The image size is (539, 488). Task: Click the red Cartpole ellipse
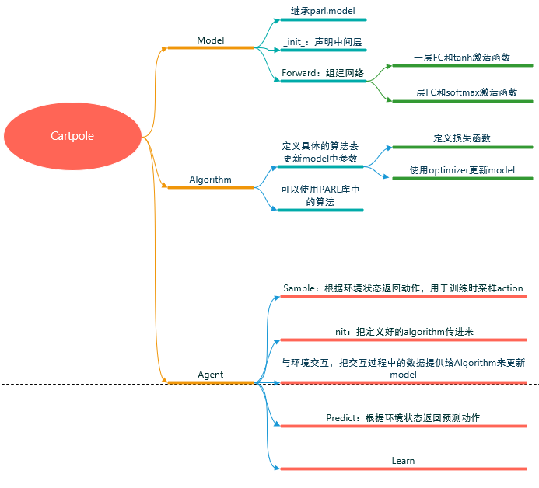[72, 136]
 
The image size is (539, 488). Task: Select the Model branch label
[210, 40]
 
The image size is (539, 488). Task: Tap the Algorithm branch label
[210, 180]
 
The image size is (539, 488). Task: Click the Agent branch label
[210, 375]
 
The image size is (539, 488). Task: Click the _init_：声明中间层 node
[322, 43]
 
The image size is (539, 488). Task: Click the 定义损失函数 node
[462, 138]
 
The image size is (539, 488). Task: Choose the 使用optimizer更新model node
[462, 170]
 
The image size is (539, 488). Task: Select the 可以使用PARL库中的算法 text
[320, 195]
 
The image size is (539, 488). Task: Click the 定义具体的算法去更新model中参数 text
[320, 152]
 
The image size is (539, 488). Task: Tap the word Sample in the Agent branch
[297, 288]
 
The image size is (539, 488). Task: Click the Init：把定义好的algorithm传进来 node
[403, 332]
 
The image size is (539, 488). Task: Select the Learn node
[403, 461]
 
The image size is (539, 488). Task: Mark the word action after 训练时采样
[510, 288]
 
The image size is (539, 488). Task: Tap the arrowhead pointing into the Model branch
[164, 48]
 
